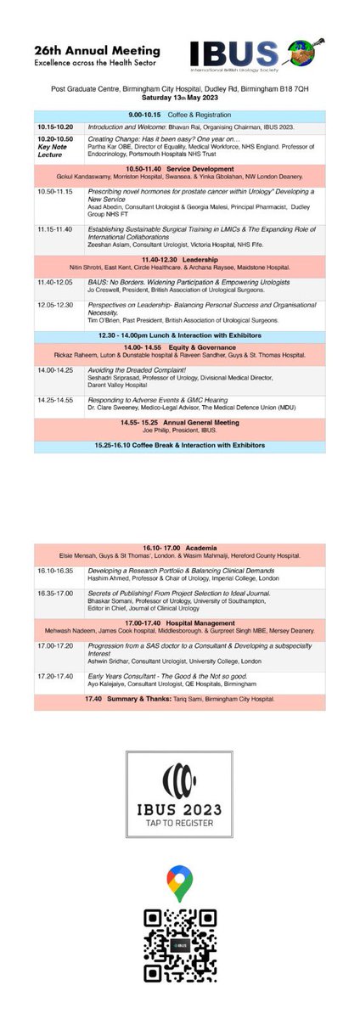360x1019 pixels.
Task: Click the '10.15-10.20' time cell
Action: tap(55, 127)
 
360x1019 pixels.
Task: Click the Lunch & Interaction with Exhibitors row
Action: tap(180, 335)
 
